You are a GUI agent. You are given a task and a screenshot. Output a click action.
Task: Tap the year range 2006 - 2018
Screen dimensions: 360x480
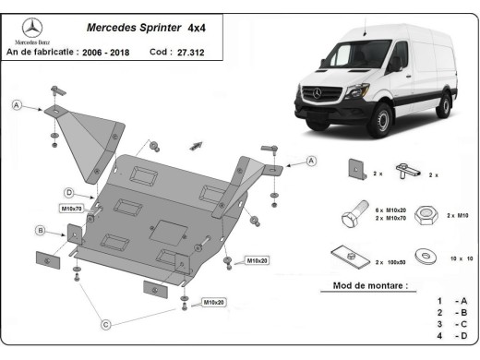click(x=105, y=53)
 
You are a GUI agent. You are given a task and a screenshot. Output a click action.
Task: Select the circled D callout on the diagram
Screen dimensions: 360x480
click(x=68, y=192)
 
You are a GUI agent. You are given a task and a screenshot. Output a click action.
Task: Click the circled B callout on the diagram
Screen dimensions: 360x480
click(x=41, y=229)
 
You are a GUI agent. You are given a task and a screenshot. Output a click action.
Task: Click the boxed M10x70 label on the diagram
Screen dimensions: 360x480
click(x=72, y=210)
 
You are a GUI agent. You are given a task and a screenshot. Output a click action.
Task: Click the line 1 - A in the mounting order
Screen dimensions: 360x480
click(x=451, y=301)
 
